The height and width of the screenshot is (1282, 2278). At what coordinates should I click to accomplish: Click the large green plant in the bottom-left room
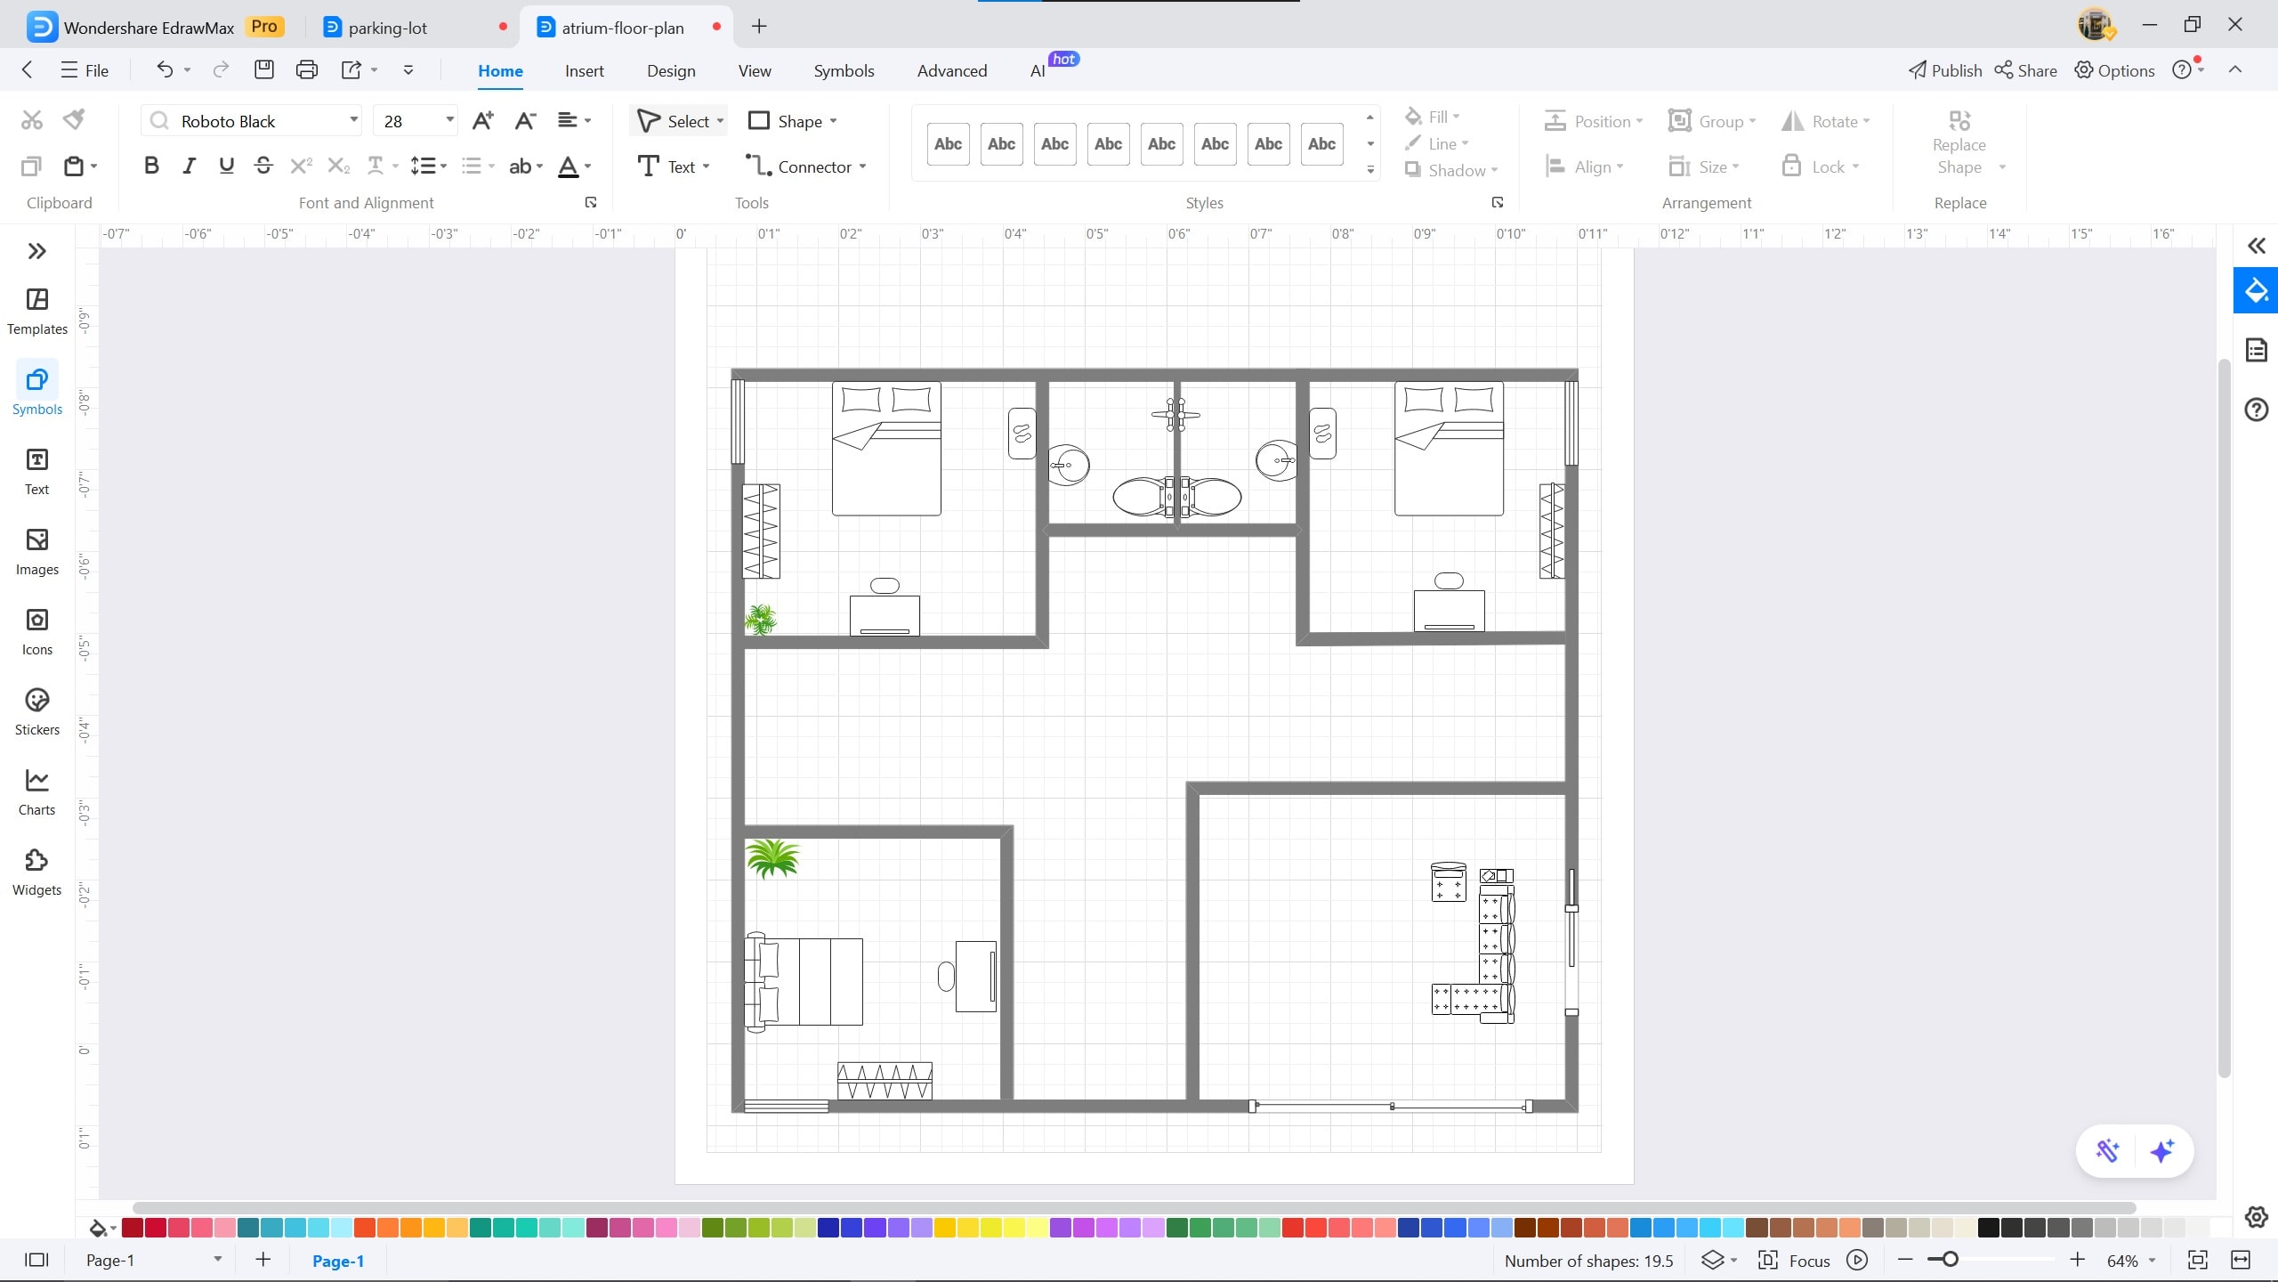click(x=771, y=859)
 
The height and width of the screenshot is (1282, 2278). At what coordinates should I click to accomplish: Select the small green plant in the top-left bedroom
click(x=760, y=620)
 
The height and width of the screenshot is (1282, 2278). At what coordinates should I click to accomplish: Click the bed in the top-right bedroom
click(x=1449, y=449)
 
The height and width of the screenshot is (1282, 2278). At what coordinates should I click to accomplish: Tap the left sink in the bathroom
click(x=1069, y=465)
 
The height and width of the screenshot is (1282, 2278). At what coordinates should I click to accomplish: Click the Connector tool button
click(x=805, y=166)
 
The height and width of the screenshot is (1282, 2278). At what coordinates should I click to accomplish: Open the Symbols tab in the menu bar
click(x=843, y=71)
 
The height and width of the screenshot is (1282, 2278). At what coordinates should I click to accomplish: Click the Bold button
click(x=151, y=166)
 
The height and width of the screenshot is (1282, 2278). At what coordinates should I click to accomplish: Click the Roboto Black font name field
click(x=254, y=121)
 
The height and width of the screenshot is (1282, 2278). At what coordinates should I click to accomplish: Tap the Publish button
click(x=1945, y=71)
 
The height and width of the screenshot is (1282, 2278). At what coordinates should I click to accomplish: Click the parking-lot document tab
click(x=388, y=28)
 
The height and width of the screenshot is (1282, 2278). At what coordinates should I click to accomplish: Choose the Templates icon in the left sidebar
click(x=36, y=312)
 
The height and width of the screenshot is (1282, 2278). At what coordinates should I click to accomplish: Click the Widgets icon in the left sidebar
click(x=36, y=872)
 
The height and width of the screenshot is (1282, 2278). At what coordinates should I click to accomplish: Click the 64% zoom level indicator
click(x=2122, y=1261)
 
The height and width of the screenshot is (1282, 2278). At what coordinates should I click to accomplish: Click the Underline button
click(x=226, y=166)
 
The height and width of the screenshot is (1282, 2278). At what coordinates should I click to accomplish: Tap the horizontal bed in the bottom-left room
click(x=804, y=982)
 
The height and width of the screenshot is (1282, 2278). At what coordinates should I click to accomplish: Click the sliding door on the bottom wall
click(x=1391, y=1107)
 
